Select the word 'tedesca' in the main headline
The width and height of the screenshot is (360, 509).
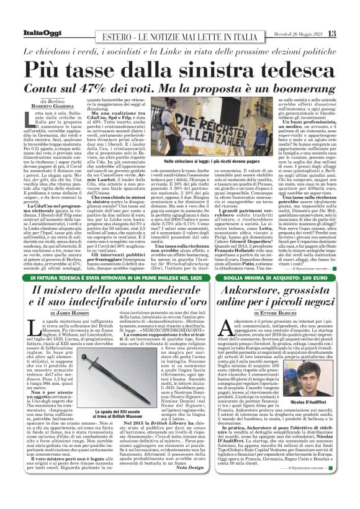pyautogui.click(x=286, y=66)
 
